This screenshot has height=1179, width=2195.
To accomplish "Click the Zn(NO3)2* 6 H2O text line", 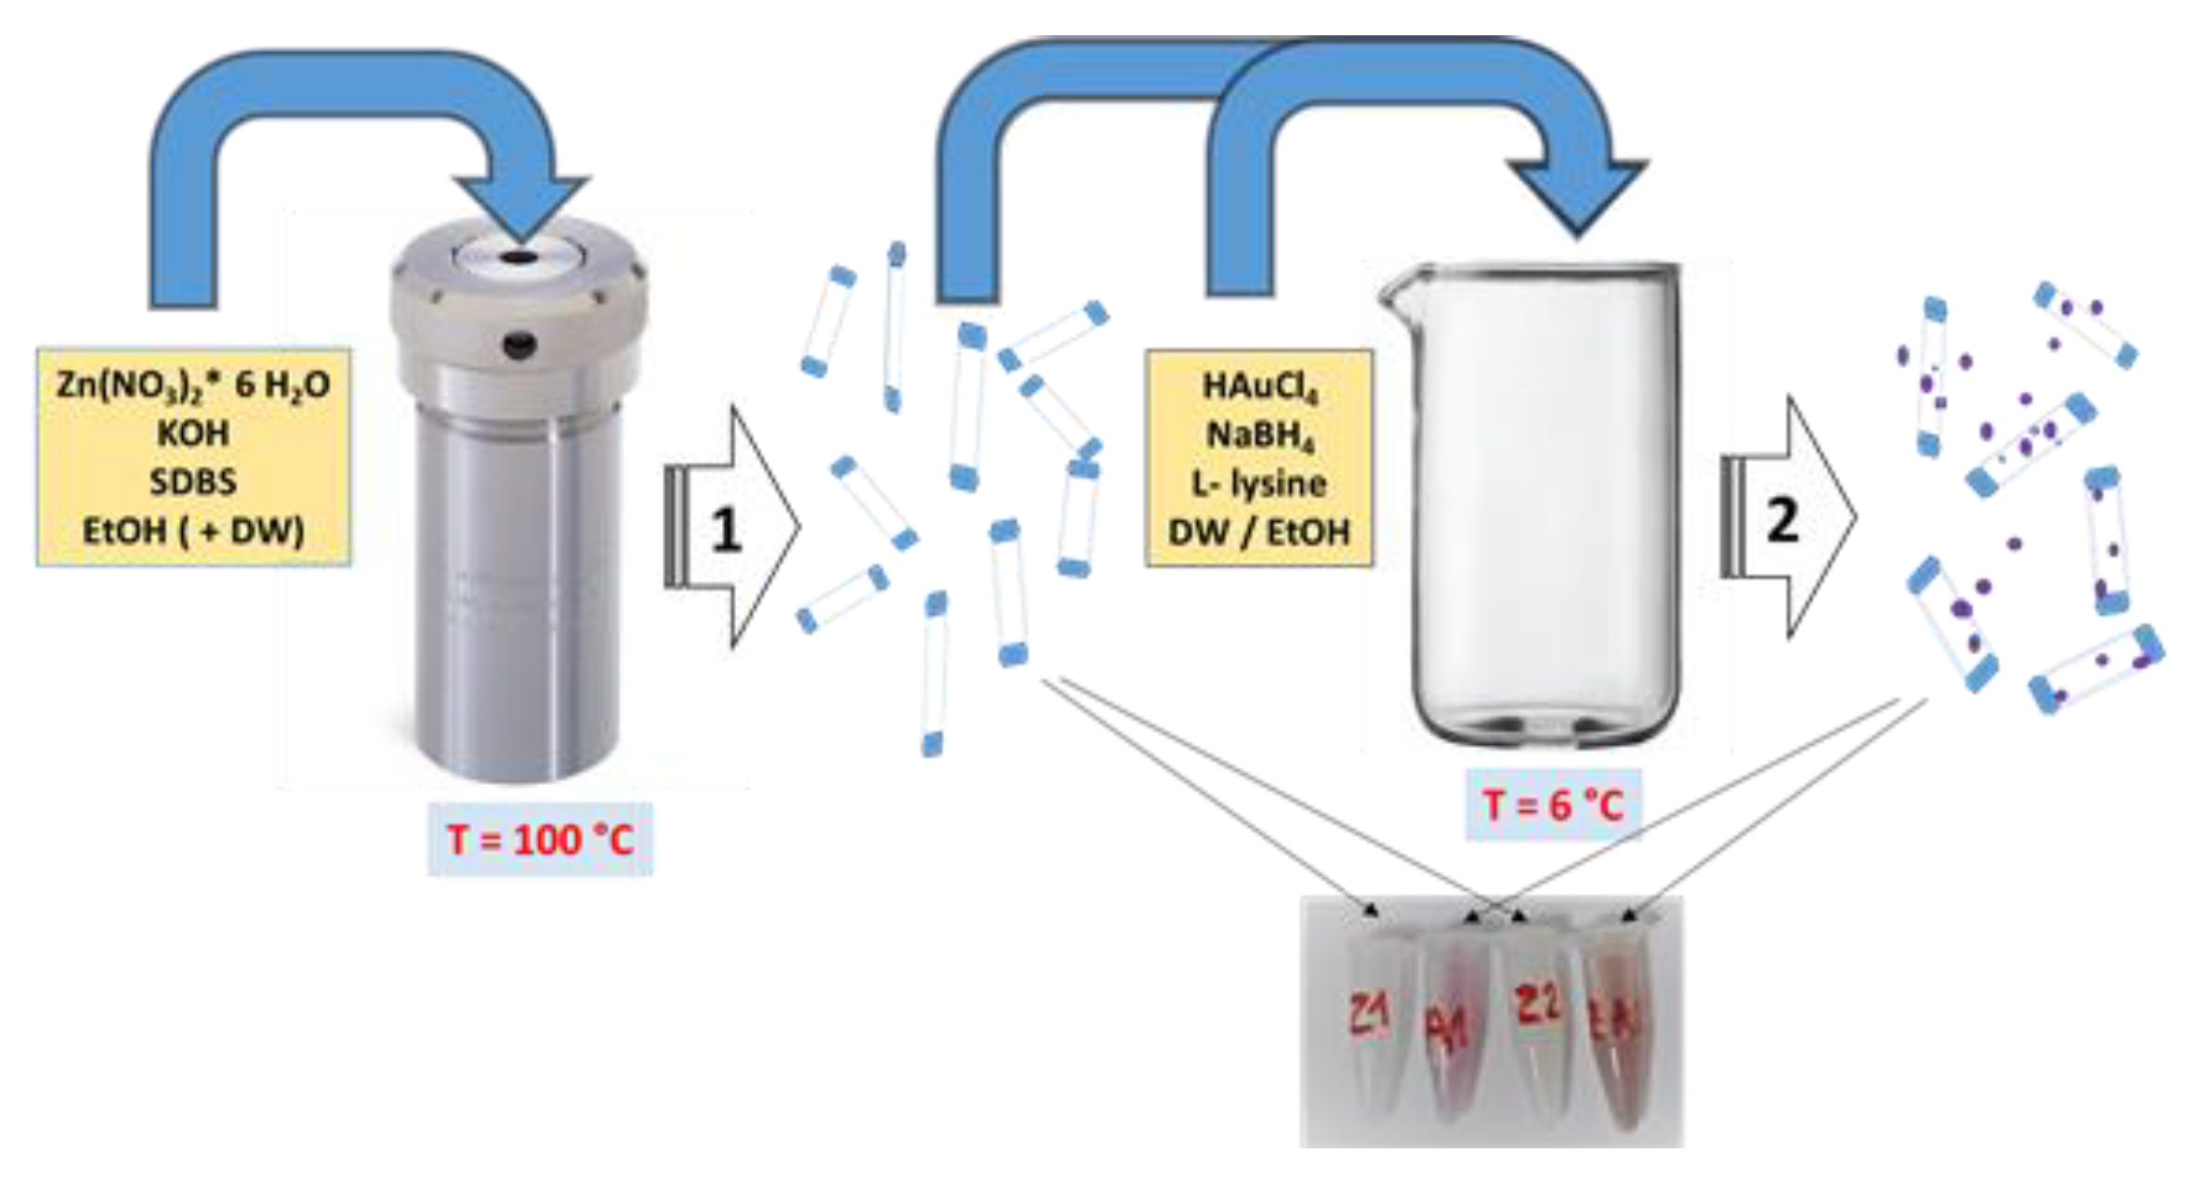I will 193,385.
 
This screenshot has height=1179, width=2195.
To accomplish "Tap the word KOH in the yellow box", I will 193,433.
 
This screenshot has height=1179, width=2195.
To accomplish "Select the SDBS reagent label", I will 193,481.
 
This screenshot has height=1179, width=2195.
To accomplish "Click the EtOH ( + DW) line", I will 193,531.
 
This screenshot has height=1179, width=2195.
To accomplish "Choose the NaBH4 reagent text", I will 1259,435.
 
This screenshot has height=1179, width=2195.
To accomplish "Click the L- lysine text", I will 1259,483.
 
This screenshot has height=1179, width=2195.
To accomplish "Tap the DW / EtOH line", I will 1259,531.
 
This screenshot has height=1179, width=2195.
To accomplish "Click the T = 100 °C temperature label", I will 540,840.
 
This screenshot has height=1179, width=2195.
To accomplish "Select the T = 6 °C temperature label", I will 1553,805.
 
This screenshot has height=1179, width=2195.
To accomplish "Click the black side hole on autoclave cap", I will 519,346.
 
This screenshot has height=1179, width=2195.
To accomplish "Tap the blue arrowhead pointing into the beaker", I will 1577,195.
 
